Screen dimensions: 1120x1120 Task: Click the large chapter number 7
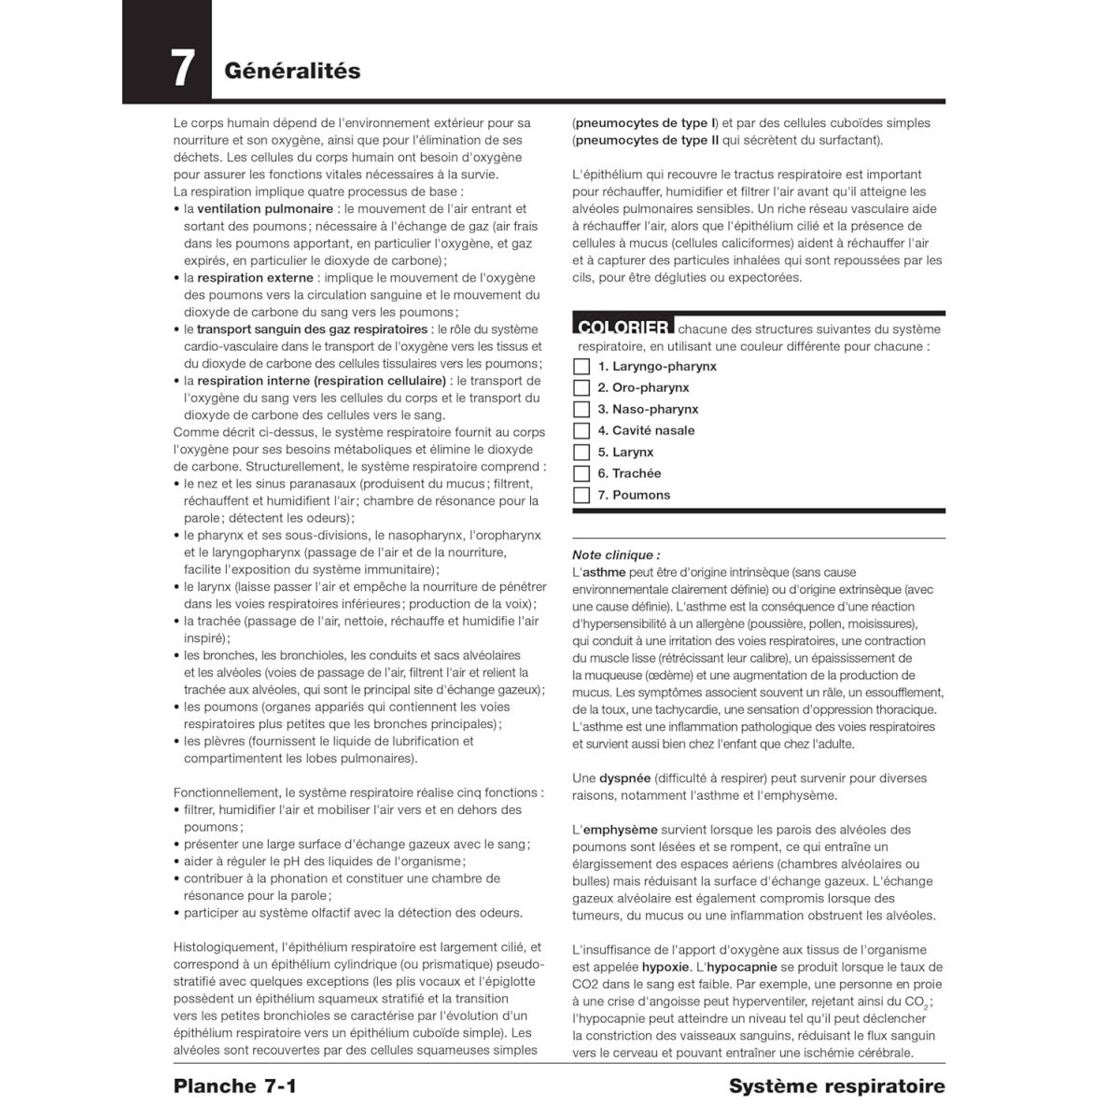[x=183, y=68]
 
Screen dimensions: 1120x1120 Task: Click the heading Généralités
[x=292, y=71]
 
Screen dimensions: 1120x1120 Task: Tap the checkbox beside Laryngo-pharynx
[x=581, y=367]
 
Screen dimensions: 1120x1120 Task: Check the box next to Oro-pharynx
[x=581, y=388]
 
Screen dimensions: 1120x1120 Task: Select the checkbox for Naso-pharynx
[x=581, y=410]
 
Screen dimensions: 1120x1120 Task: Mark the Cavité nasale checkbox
[x=581, y=431]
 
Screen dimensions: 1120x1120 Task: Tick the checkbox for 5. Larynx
[x=581, y=453]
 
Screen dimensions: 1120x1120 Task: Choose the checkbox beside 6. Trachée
[x=581, y=474]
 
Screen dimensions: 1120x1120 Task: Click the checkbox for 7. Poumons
[x=581, y=496]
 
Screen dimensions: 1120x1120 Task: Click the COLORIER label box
[x=623, y=327]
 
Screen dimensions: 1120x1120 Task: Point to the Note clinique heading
[x=615, y=555]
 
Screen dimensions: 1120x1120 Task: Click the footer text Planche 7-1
[x=234, y=1086]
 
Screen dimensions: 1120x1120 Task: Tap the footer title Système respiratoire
[x=836, y=1086]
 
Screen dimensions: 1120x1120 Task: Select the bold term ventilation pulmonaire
[x=265, y=209]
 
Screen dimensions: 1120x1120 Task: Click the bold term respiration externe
[x=255, y=278]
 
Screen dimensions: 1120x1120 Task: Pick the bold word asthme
[x=604, y=573]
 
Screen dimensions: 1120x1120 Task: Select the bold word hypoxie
[x=665, y=968]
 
